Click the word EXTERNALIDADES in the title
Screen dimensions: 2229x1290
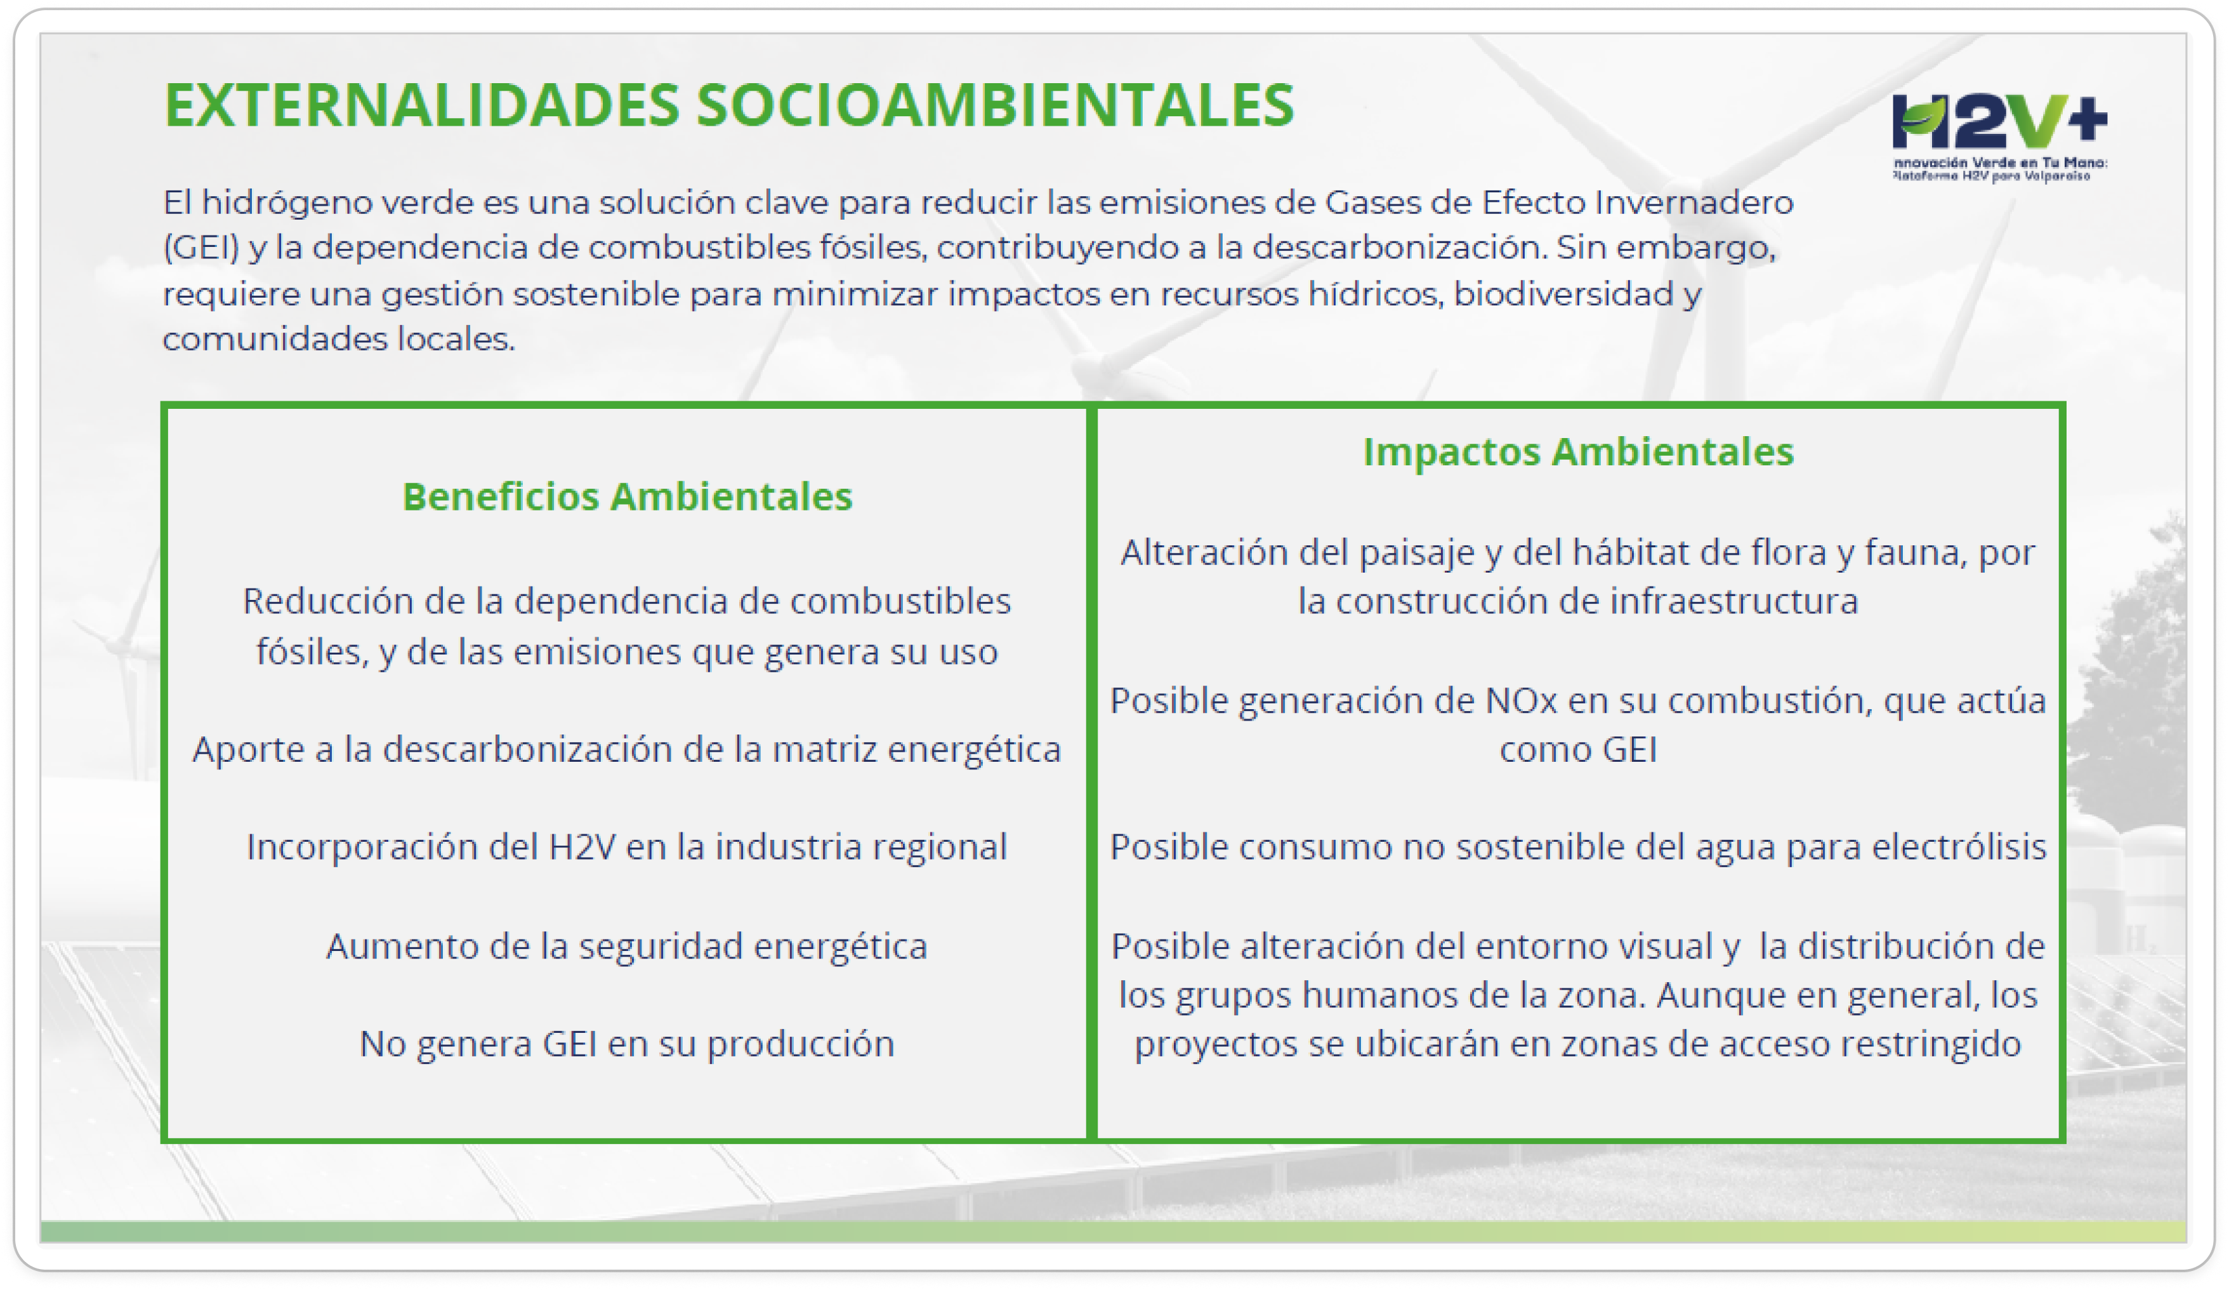click(x=422, y=105)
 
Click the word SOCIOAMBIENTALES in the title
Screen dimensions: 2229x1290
click(x=995, y=105)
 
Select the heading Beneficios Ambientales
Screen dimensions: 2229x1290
click(x=627, y=496)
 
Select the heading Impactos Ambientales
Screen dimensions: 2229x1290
click(x=1578, y=451)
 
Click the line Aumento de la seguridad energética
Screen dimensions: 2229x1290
click(x=627, y=947)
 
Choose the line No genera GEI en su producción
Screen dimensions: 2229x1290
click(x=627, y=1044)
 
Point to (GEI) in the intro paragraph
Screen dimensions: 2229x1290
click(x=201, y=248)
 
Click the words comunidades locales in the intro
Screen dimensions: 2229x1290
click(x=338, y=339)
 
